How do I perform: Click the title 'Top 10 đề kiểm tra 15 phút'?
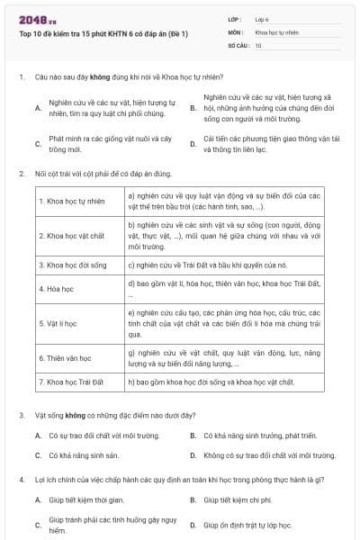[103, 34]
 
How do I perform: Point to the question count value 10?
[258, 44]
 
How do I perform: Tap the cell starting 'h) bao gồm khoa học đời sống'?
[212, 382]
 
